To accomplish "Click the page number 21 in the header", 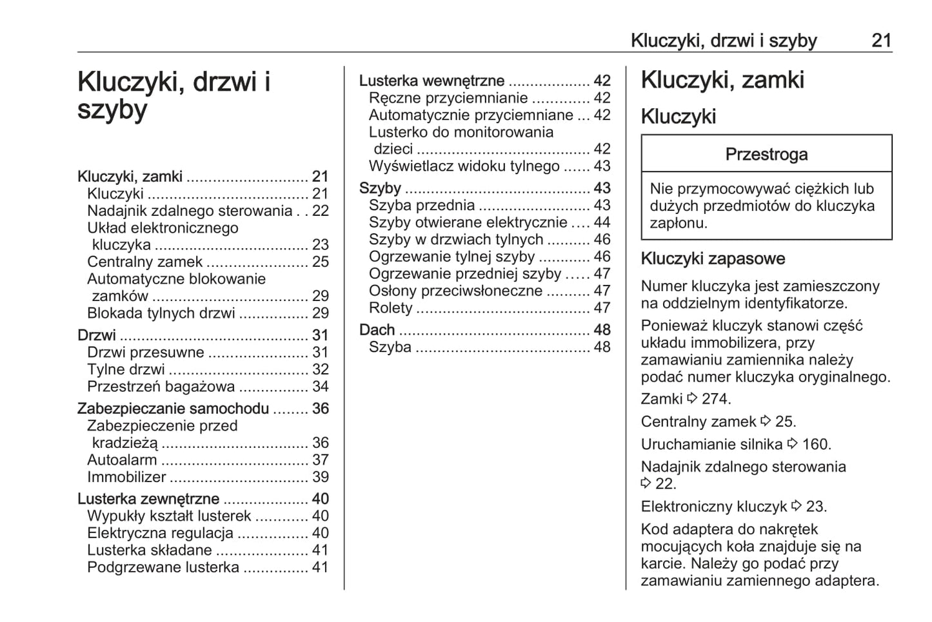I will [881, 41].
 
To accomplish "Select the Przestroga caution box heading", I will [766, 155].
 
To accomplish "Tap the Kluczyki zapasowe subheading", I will [713, 259].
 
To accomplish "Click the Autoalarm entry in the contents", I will [122, 460].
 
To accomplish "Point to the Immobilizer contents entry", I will [126, 478].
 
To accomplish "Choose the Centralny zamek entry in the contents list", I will [145, 262].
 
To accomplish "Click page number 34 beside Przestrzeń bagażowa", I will [321, 387].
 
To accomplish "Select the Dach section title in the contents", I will [377, 330].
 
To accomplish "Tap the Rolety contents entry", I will [390, 308].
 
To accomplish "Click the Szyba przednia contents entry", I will [422, 206].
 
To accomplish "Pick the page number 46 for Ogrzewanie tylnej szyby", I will [602, 257].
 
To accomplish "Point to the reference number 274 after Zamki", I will [715, 399].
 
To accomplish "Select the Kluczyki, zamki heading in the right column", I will [722, 81].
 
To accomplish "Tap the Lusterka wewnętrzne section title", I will [431, 81].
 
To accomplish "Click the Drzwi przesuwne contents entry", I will [145, 353].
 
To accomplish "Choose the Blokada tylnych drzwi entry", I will [161, 313].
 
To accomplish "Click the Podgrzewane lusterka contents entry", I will [163, 568].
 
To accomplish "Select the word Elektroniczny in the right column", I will [689, 507].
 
